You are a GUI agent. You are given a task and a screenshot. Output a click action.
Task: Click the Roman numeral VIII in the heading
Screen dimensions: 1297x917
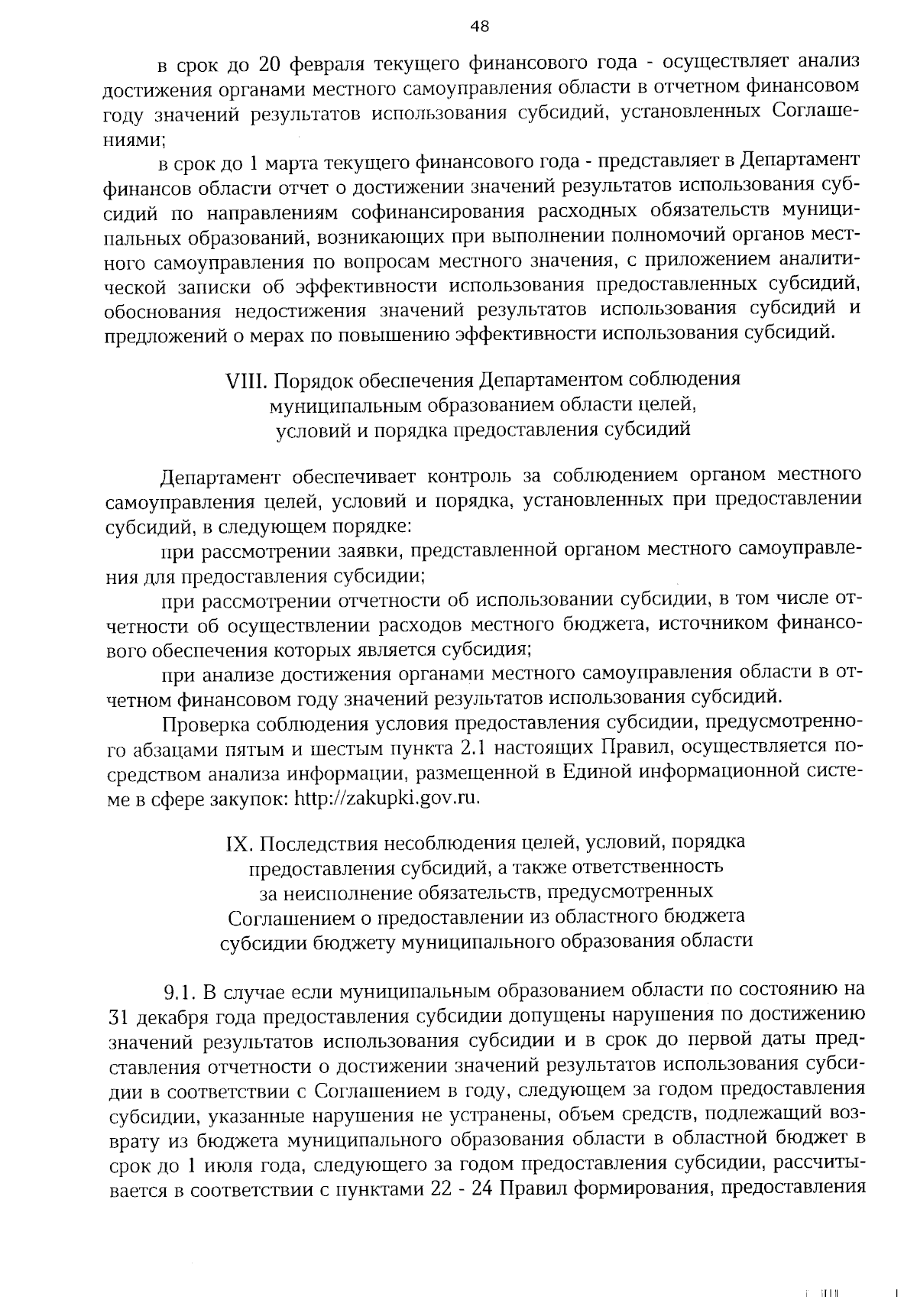coord(248,380)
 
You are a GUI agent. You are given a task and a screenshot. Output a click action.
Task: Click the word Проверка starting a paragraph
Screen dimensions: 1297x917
coord(203,723)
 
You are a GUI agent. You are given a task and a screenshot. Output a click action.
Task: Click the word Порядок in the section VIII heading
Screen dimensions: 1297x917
coord(312,380)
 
